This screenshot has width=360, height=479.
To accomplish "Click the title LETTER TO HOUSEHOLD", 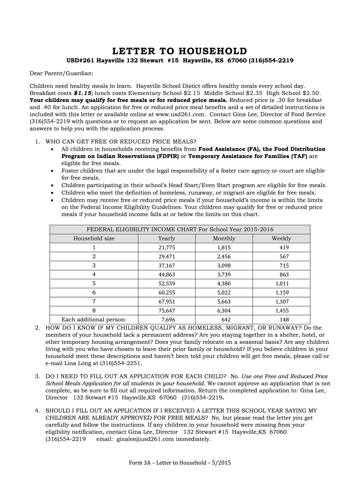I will (180, 51).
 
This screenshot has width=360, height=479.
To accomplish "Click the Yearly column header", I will (167, 238).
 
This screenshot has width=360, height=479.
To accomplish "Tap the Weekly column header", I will (281, 238).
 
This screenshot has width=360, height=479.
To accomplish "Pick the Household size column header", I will (94, 238).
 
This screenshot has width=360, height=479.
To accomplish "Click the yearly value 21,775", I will (167, 247).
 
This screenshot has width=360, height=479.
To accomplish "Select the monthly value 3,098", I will (224, 265).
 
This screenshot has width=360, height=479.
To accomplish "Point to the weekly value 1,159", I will (282, 292).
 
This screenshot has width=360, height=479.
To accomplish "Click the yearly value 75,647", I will (167, 310).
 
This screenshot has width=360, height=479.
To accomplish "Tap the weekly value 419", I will (284, 247).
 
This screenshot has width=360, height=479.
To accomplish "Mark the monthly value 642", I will (226, 319).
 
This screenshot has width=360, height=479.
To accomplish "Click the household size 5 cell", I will (94, 283).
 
